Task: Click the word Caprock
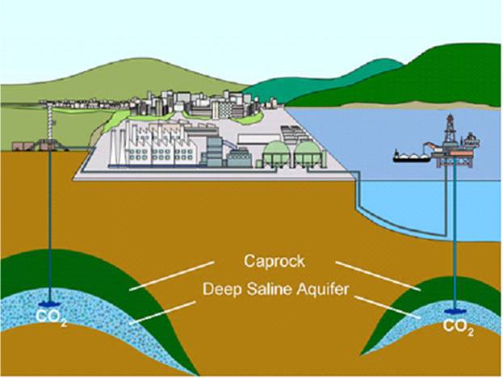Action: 275,261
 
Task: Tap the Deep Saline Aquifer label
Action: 275,289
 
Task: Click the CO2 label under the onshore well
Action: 52,317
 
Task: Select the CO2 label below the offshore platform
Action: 458,326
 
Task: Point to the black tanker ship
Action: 412,157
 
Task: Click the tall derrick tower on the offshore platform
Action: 451,130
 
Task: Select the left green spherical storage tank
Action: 276,153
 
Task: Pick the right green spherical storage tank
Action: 308,153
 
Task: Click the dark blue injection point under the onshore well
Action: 50,304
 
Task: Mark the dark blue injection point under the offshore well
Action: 455,311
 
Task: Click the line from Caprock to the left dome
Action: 172,276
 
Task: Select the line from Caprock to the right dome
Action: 378,276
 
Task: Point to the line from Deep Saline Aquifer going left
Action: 162,313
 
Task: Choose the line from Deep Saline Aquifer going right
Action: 388,307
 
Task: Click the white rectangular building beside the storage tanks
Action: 258,139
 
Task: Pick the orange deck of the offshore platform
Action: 461,153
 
